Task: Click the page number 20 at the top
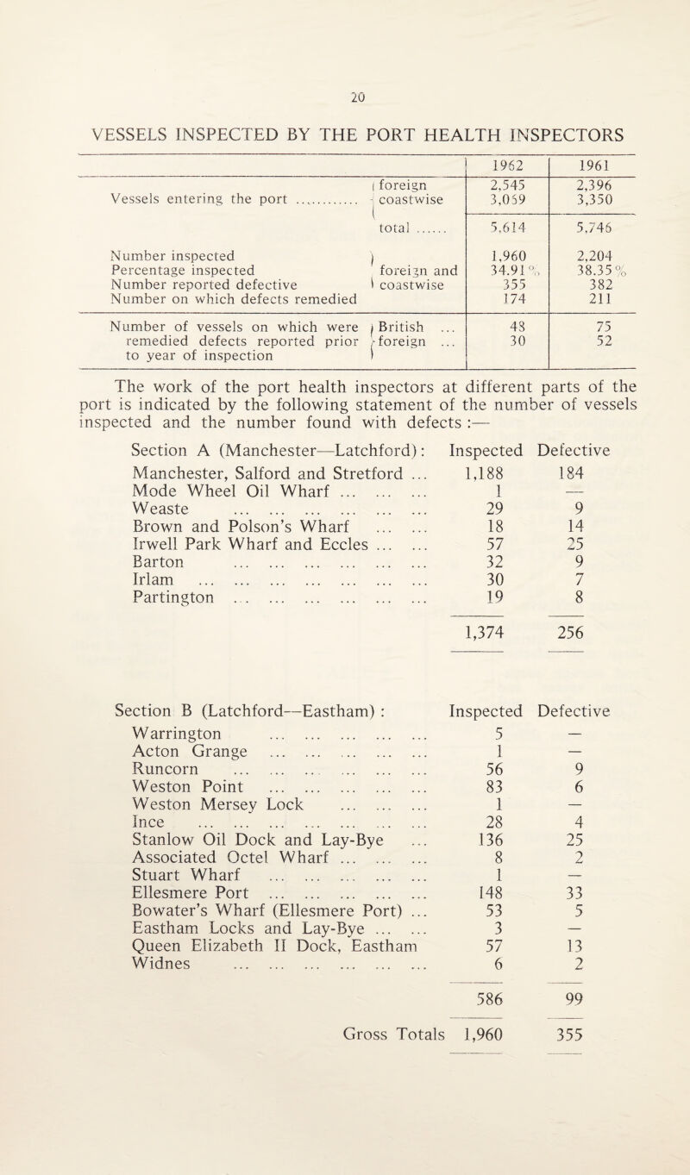(x=344, y=26)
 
